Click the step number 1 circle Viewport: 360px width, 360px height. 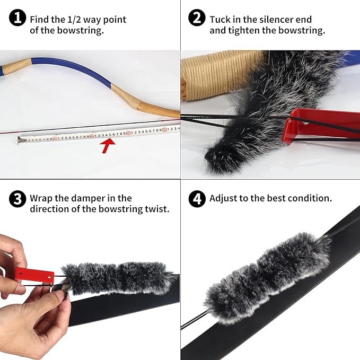tap(18, 19)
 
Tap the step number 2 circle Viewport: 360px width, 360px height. tap(197, 19)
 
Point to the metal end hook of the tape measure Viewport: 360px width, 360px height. tap(22, 140)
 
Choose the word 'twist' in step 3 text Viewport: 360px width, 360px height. tap(157, 209)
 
